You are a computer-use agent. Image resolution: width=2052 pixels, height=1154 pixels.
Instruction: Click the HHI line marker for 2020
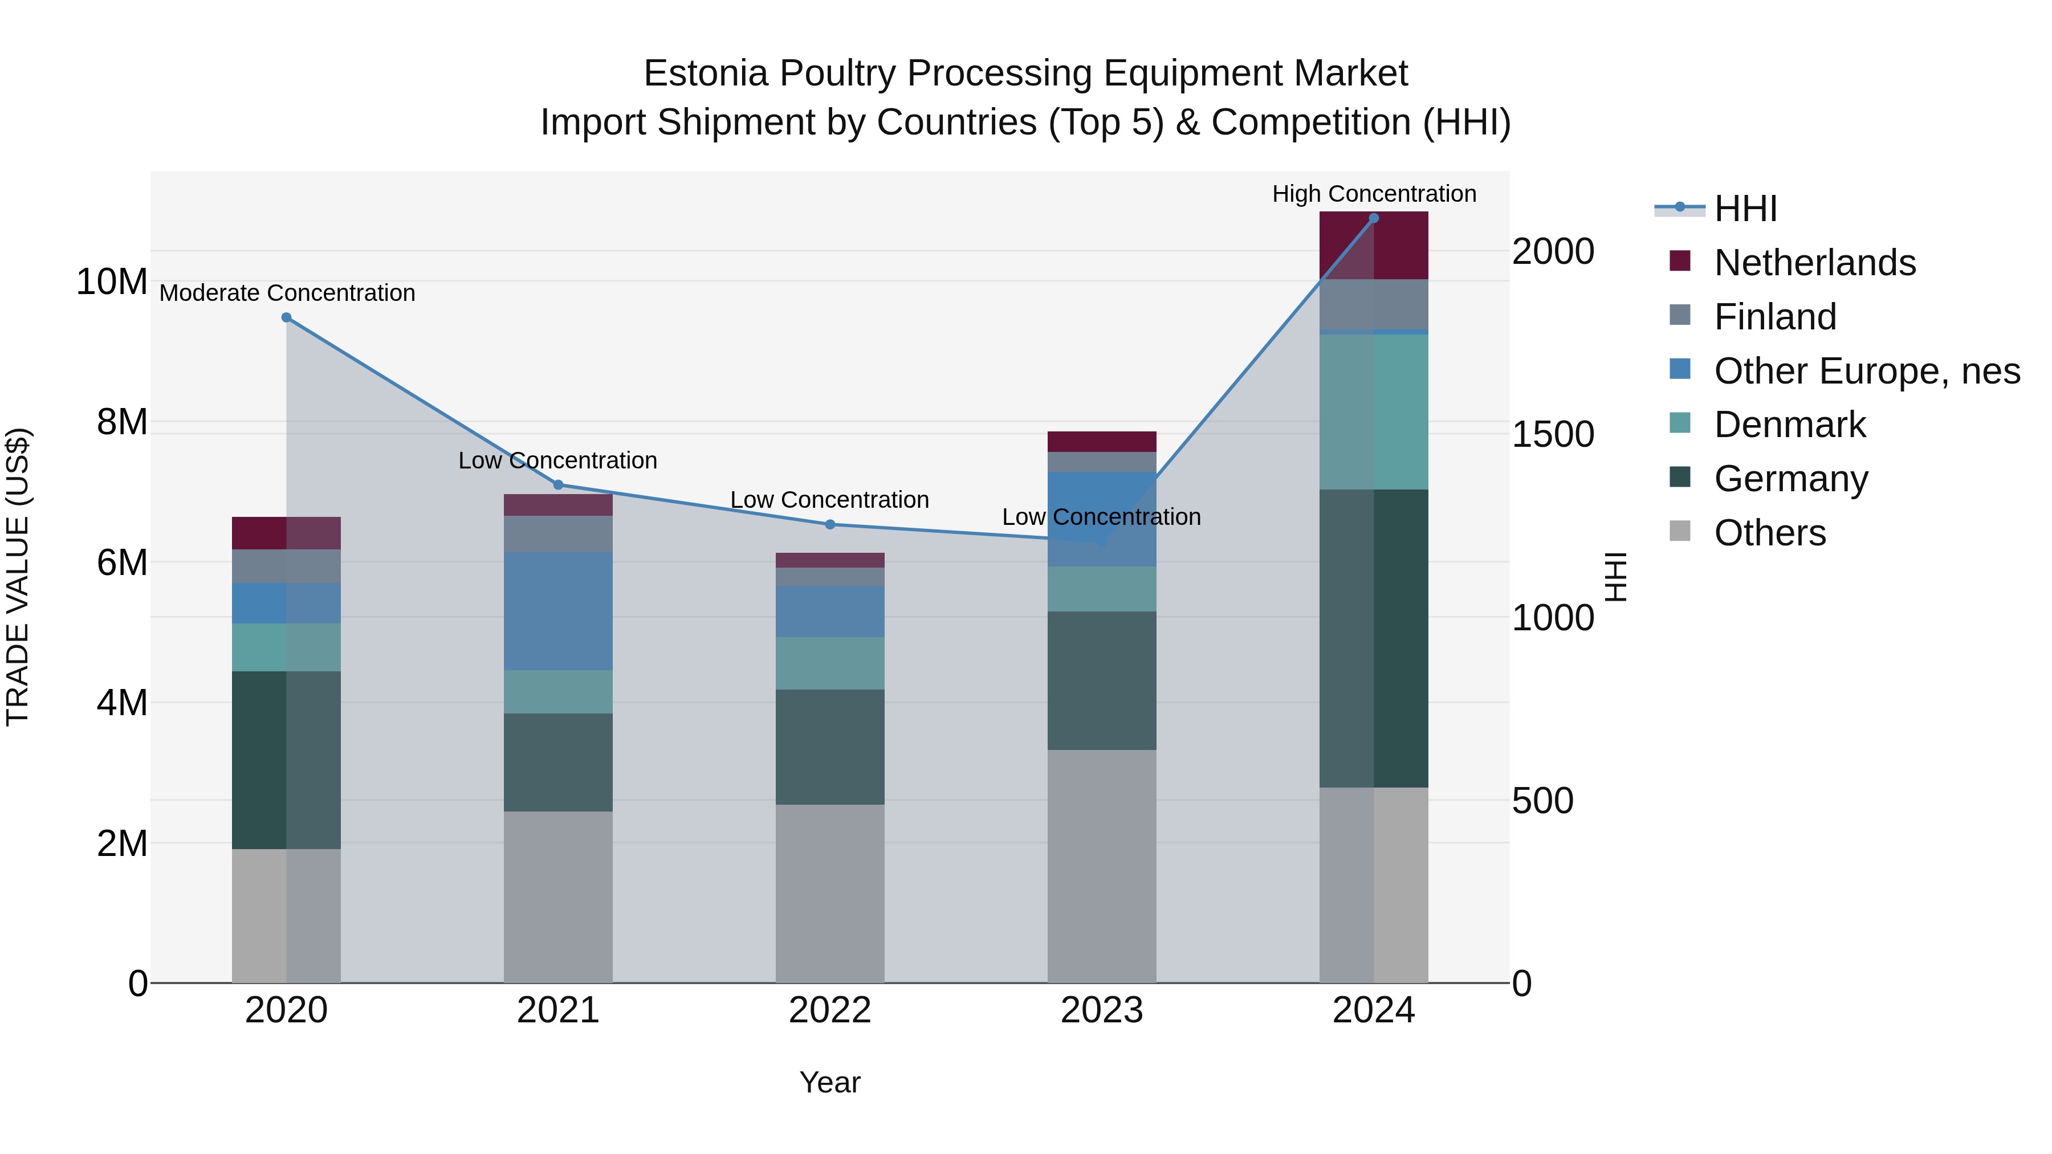pyautogui.click(x=286, y=318)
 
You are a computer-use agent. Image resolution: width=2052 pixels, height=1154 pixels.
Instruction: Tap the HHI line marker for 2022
pyautogui.click(x=829, y=525)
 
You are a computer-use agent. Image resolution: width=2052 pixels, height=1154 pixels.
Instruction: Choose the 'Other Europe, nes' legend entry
pyautogui.click(x=1866, y=371)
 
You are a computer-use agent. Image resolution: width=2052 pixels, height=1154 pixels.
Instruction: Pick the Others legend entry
pyautogui.click(x=1769, y=533)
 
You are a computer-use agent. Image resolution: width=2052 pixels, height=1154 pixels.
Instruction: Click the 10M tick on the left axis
pyautogui.click(x=112, y=282)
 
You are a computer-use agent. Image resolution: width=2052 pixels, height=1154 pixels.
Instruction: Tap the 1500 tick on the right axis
pyautogui.click(x=1553, y=435)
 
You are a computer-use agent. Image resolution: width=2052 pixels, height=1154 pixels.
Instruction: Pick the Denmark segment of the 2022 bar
pyautogui.click(x=829, y=663)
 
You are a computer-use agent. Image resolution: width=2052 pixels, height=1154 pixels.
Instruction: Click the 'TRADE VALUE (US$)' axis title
pyautogui.click(x=18, y=577)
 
